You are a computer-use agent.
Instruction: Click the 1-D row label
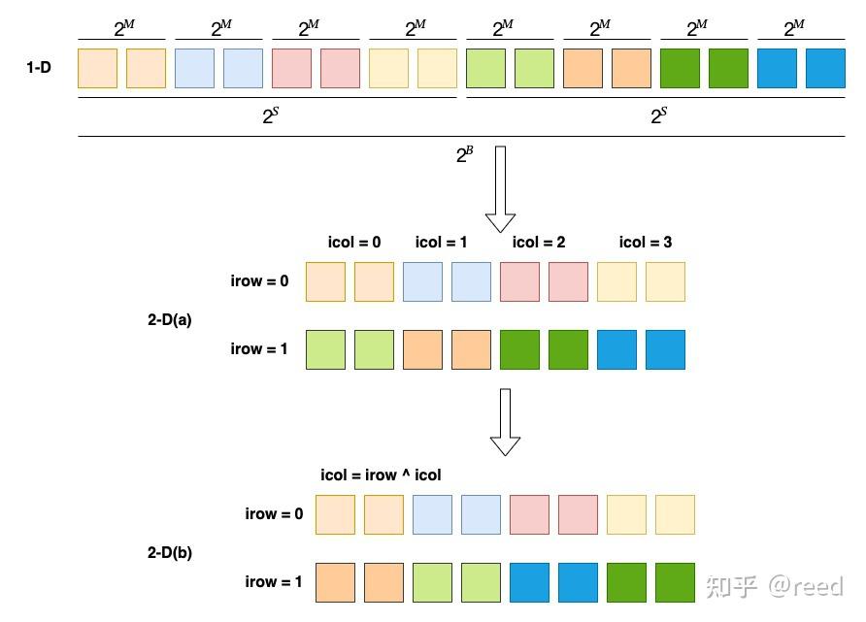(39, 69)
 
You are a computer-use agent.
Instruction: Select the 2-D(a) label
(170, 319)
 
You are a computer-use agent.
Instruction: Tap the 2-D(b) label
(170, 552)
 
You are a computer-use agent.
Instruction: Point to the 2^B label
(465, 153)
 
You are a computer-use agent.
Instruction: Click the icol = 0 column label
(354, 243)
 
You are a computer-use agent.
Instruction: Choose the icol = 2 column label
(539, 243)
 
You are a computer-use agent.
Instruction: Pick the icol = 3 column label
(646, 243)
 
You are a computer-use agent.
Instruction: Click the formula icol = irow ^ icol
(381, 475)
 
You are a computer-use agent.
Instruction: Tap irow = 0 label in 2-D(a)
(259, 281)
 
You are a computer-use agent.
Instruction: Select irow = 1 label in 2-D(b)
(274, 582)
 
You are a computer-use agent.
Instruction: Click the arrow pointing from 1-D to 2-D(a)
(500, 189)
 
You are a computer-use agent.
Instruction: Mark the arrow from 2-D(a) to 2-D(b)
(505, 421)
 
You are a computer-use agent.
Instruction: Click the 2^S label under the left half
(269, 116)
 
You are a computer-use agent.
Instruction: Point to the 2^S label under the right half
(658, 116)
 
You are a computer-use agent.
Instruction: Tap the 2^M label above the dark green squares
(697, 29)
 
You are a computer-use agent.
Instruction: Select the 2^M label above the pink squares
(309, 29)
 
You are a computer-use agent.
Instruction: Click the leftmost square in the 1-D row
(97, 68)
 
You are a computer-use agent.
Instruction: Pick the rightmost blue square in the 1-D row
(825, 68)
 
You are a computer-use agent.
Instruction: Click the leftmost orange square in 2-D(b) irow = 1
(335, 582)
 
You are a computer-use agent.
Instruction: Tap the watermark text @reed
(805, 586)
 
